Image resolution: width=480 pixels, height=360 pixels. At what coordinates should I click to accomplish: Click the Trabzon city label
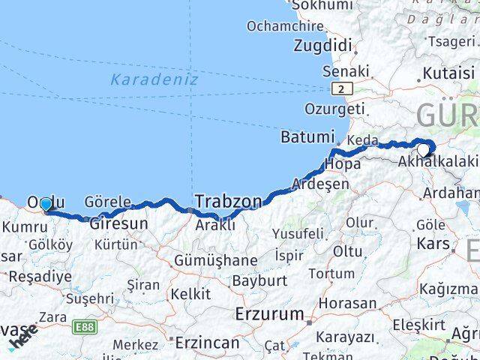click(229, 201)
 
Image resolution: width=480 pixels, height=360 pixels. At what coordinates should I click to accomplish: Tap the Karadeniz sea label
click(153, 79)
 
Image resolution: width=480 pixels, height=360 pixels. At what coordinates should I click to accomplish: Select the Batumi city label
click(306, 137)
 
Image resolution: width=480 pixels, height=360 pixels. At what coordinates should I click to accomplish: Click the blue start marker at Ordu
click(46, 205)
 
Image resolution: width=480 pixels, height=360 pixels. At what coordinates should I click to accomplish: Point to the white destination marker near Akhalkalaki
click(423, 150)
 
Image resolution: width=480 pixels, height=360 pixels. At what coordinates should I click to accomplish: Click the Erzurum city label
click(269, 313)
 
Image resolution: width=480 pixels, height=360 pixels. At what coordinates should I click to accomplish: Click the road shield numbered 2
click(342, 89)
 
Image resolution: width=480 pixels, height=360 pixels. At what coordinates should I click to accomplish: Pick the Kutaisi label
click(448, 73)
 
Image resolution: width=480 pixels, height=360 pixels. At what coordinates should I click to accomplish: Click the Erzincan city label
click(207, 343)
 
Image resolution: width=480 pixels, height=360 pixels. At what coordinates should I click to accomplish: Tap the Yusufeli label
click(298, 233)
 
